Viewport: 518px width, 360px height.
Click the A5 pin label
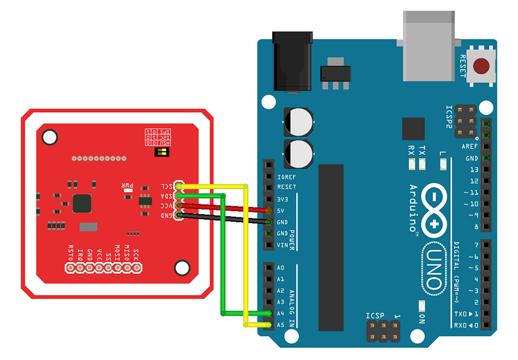coord(280,325)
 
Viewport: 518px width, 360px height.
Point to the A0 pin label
coord(280,268)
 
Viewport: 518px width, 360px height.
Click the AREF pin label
coord(470,147)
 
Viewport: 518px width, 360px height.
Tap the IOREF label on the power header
coord(287,176)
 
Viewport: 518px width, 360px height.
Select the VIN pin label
coord(282,245)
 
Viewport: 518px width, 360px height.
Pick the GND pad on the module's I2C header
coord(180,215)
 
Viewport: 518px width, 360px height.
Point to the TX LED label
coord(422,151)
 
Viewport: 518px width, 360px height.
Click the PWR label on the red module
coord(127,186)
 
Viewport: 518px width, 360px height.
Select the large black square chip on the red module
coord(82,203)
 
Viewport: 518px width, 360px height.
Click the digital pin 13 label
coord(473,170)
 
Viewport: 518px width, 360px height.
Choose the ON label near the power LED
coord(422,318)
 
